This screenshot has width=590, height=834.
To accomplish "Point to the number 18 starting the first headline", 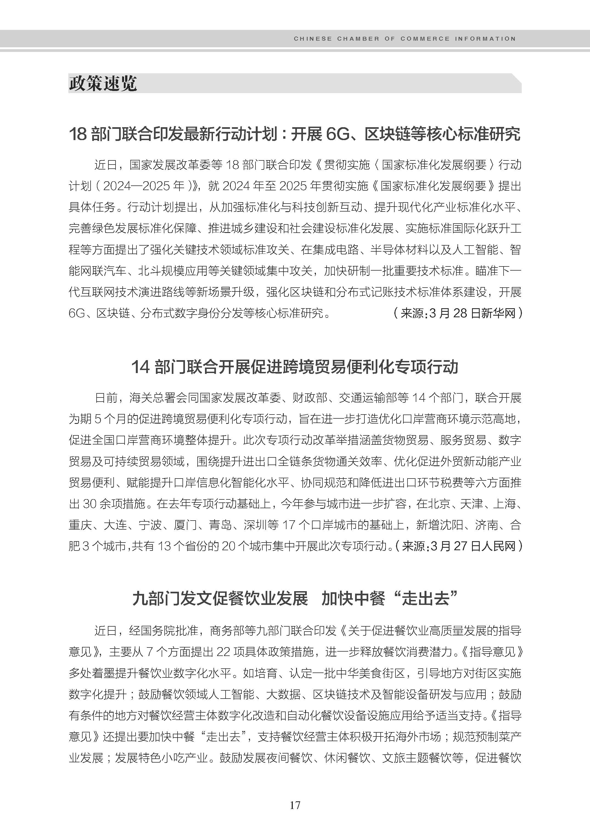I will (x=78, y=134).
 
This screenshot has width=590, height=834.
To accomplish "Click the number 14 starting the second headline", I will (x=140, y=367).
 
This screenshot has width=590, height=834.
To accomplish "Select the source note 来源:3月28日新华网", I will (x=458, y=313).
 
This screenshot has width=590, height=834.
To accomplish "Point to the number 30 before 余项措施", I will (x=89, y=504).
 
